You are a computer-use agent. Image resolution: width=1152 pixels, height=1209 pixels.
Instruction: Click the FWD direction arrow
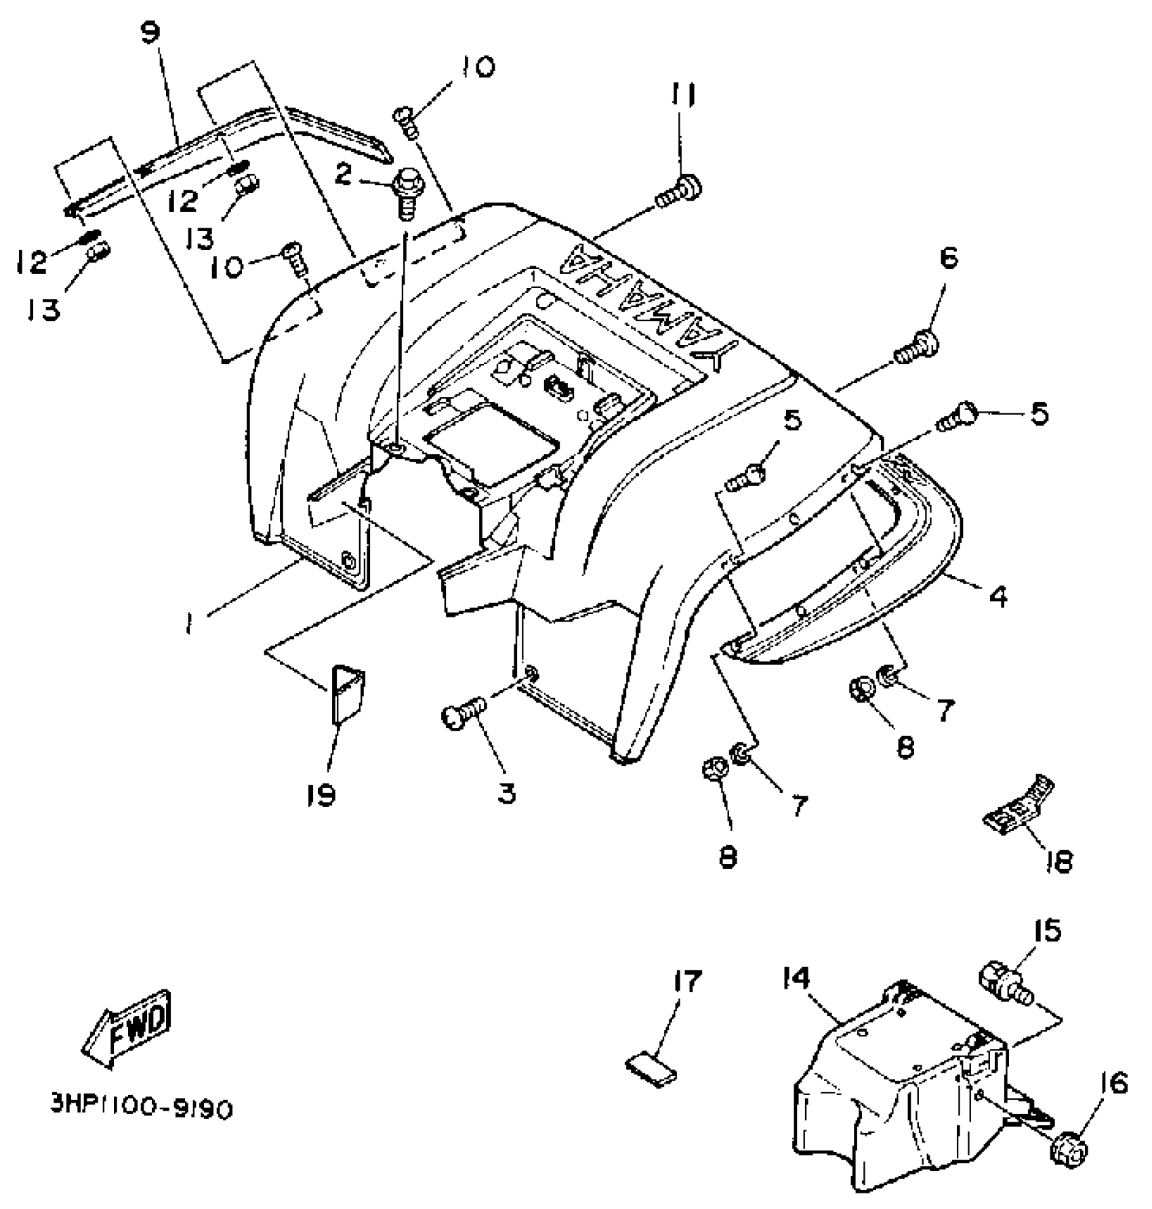tap(127, 1029)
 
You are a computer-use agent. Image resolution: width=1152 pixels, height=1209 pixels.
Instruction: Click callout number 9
tap(150, 33)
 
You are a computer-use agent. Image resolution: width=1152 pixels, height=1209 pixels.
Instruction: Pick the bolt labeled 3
tap(463, 714)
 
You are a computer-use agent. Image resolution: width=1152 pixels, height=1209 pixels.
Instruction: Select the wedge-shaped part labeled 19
tap(348, 693)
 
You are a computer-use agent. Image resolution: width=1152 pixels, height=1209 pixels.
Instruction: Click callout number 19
tap(321, 794)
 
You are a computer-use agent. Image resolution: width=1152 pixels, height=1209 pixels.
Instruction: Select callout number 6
tap(948, 258)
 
